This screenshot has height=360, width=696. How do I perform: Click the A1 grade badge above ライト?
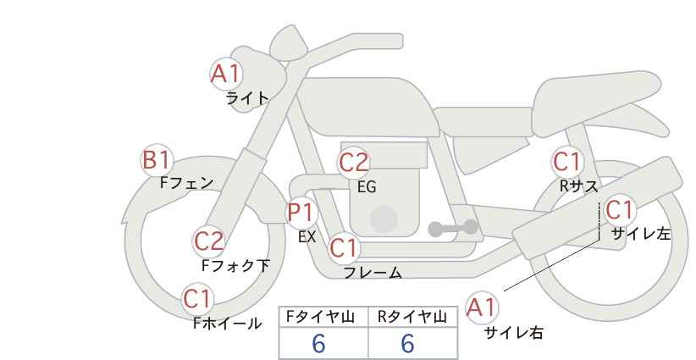(226, 75)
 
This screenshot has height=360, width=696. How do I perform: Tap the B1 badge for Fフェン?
(157, 160)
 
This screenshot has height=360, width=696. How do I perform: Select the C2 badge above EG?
(354, 163)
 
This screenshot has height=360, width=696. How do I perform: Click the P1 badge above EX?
(301, 213)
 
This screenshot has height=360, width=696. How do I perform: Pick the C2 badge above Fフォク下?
(209, 242)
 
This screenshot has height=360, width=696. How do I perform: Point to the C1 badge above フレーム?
(344, 248)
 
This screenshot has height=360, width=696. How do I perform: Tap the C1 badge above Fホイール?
(198, 299)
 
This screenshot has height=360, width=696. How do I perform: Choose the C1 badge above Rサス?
(567, 162)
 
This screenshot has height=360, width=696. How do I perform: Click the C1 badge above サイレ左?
(620, 210)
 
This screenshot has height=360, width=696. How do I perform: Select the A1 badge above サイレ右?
(482, 307)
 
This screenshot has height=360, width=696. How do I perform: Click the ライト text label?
(247, 98)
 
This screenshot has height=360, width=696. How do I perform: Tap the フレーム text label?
(373, 272)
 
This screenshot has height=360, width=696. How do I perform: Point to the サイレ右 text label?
(514, 332)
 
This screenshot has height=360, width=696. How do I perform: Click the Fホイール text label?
(228, 324)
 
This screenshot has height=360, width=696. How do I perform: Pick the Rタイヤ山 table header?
(412, 317)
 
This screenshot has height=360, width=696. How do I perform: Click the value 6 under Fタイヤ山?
(318, 343)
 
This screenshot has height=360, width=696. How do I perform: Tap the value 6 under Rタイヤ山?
(407, 343)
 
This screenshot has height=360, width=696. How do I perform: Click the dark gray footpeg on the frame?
(453, 228)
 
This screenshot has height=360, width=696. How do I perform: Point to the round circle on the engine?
(384, 219)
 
